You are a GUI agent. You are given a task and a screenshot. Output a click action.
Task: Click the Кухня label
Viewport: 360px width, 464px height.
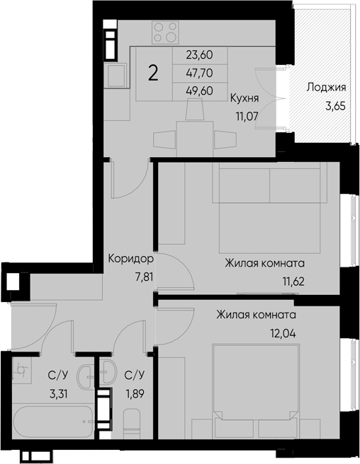[x=244, y=98]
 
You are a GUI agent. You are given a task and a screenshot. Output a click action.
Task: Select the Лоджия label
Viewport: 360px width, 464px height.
[x=325, y=88]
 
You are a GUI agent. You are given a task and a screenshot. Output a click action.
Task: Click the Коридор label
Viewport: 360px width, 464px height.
[x=130, y=260]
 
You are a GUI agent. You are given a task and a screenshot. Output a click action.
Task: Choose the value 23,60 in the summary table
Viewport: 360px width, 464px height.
[x=200, y=54]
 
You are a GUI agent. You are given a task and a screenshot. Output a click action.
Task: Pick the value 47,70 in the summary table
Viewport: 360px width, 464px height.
[x=200, y=72]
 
